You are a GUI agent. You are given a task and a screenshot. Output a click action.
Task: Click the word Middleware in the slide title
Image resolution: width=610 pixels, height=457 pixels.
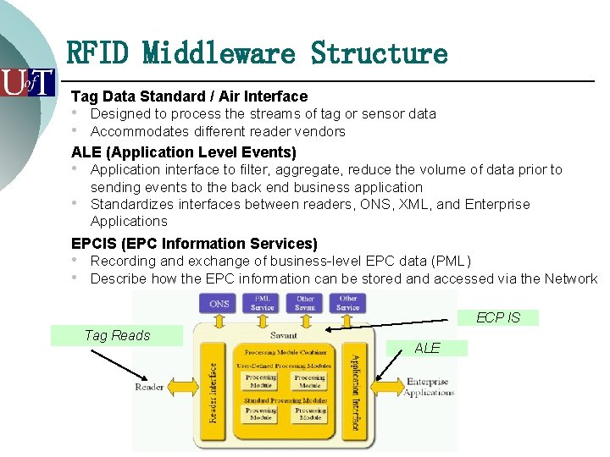[x=219, y=53]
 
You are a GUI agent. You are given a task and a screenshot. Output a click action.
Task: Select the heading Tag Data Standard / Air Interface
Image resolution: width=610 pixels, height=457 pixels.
[x=189, y=96]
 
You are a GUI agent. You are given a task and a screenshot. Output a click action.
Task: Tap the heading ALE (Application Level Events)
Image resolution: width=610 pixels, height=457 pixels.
[x=184, y=152]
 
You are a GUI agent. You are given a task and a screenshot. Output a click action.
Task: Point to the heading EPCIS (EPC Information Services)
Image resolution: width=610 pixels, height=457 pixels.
[x=194, y=244]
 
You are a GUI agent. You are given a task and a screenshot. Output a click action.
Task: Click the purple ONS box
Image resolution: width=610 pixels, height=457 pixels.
[x=219, y=303]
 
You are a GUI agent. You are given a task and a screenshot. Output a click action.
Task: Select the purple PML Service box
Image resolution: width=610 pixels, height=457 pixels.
[x=263, y=303]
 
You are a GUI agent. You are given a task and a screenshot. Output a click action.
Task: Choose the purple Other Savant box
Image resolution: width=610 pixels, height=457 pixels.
[x=305, y=303]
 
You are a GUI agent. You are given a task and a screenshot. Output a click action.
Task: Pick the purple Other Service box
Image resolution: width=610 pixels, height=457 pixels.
[x=348, y=303]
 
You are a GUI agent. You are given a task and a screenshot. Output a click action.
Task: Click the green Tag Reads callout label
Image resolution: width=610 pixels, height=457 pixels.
[x=117, y=335]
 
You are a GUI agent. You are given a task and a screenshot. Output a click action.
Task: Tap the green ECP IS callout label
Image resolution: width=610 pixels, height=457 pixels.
[x=498, y=317]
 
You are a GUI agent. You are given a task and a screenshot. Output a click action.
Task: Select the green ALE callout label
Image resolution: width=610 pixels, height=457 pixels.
[x=427, y=348]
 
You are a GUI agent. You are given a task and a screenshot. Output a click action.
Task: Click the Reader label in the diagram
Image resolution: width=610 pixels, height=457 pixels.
[x=150, y=387]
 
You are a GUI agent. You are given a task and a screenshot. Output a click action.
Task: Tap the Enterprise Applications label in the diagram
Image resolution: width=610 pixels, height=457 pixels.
[x=429, y=388]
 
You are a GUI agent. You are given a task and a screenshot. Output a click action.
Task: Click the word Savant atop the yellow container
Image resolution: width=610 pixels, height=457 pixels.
[x=283, y=335]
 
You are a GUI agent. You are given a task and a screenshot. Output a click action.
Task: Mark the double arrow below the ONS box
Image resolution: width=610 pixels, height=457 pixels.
[x=219, y=322]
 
